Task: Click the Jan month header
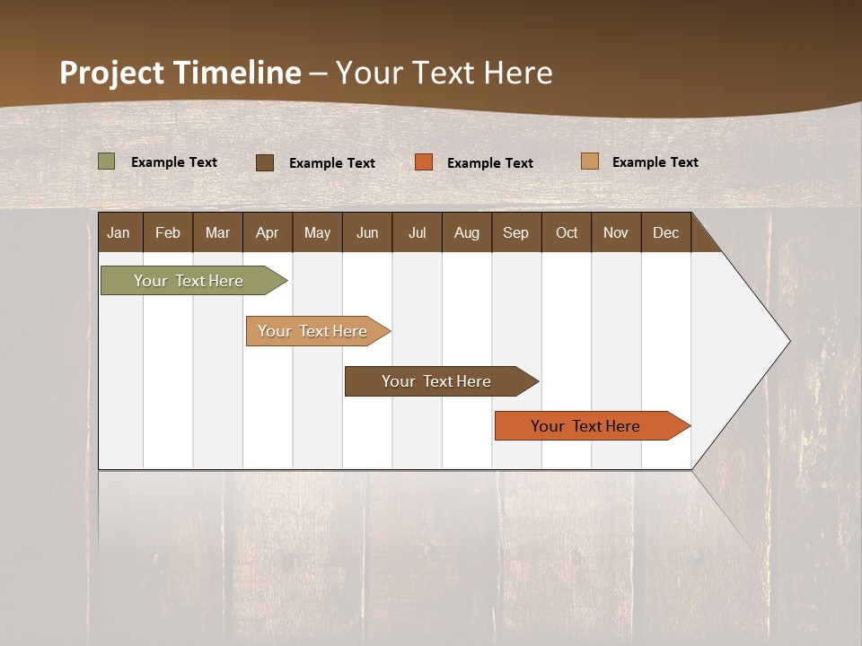[x=119, y=232]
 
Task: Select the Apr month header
[x=268, y=232]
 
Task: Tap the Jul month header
[x=418, y=232]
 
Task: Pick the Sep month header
[x=516, y=232]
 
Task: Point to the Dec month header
[x=666, y=232]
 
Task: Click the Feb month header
[x=168, y=232]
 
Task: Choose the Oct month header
[x=567, y=232]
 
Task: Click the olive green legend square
[x=107, y=161]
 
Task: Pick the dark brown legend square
[x=265, y=162]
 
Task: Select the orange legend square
[x=424, y=161]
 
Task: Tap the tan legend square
[x=589, y=161]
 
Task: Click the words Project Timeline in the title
[x=180, y=73]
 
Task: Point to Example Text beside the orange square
[x=490, y=162]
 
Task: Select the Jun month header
[x=367, y=232]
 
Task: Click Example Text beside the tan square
[x=655, y=161]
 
